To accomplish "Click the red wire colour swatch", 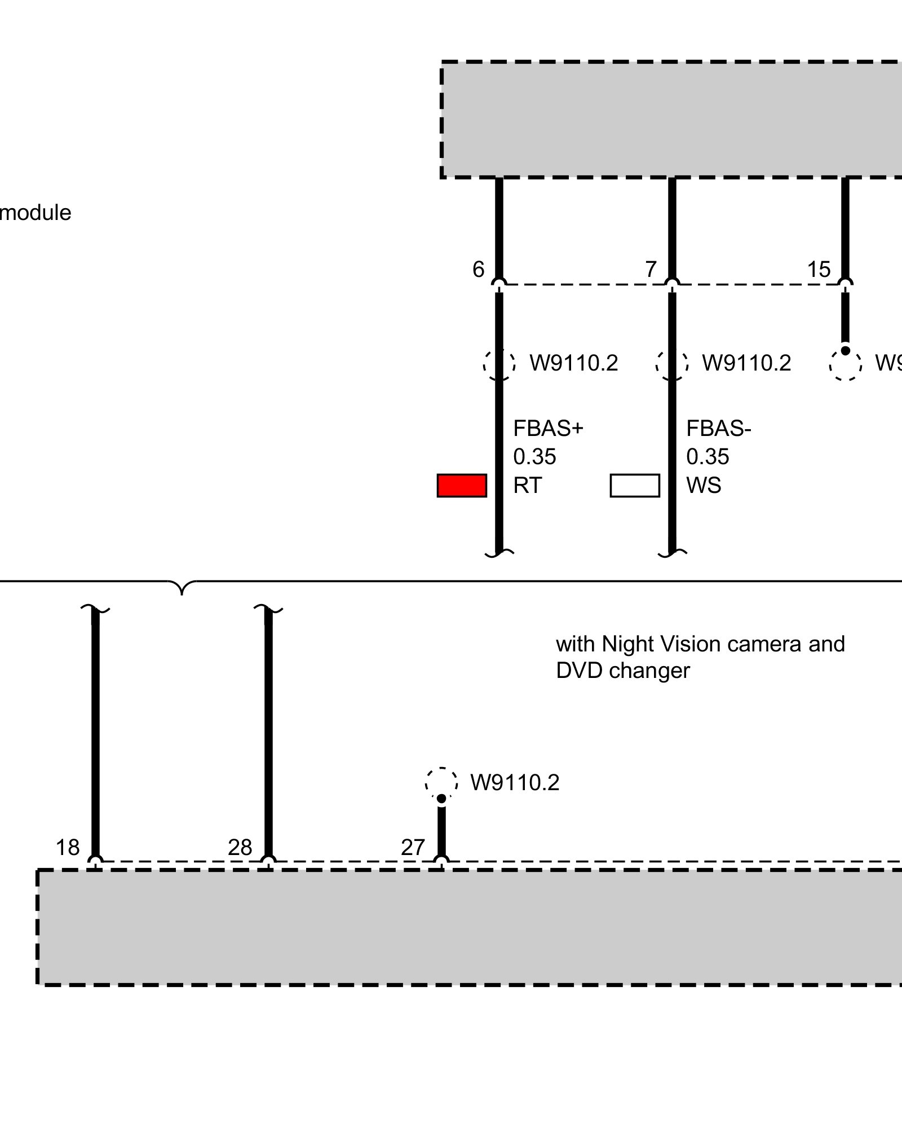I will pyautogui.click(x=462, y=486).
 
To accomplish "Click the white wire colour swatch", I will pyautogui.click(x=635, y=486).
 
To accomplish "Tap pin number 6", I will pyautogui.click(x=478, y=270).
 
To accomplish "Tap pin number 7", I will pyautogui.click(x=651, y=270).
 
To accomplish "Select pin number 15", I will pyautogui.click(x=819, y=270).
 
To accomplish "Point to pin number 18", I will pyautogui.click(x=68, y=848).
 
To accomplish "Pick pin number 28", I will pyautogui.click(x=240, y=848).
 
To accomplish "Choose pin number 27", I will pyautogui.click(x=413, y=848).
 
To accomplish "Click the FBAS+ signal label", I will pyautogui.click(x=548, y=429).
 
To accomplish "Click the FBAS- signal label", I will pyautogui.click(x=719, y=429).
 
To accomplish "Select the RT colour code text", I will pyautogui.click(x=527, y=486).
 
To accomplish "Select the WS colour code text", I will pyautogui.click(x=704, y=486).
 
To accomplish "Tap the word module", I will pyautogui.click(x=36, y=213).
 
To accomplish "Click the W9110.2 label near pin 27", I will pyautogui.click(x=515, y=783).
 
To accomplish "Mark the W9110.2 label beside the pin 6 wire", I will pyautogui.click(x=574, y=363).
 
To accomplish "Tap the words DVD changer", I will pyautogui.click(x=623, y=671).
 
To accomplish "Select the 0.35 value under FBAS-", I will pyautogui.click(x=708, y=457).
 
